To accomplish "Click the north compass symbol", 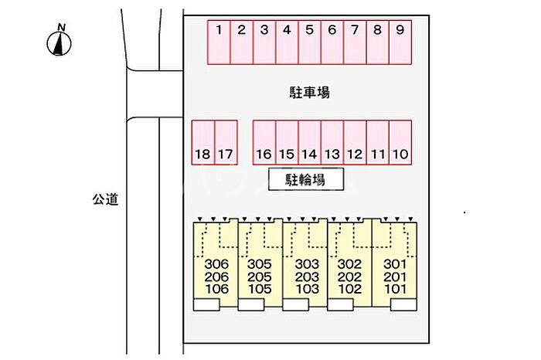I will tap(59, 43).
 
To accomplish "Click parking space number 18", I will tap(202, 142).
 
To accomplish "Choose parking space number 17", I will tap(225, 142).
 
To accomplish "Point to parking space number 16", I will tap(264, 142).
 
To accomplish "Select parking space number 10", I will tap(400, 142).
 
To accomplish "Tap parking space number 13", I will tap(332, 142).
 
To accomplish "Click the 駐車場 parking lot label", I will tap(305, 93).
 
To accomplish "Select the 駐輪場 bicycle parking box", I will tap(305, 180).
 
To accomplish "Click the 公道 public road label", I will tap(105, 199).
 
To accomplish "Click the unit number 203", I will tap(307, 277).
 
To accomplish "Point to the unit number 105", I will tap(259, 289).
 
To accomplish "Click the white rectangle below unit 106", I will tap(206, 305).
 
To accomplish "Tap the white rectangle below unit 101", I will tap(402, 305).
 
